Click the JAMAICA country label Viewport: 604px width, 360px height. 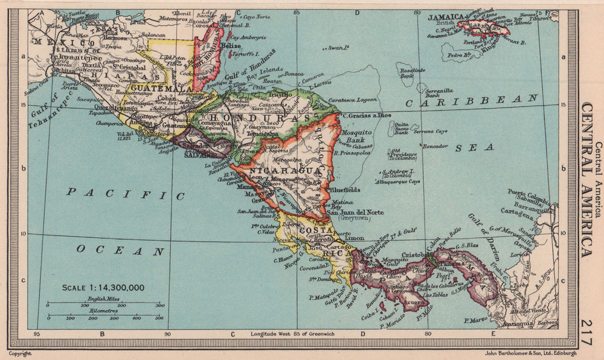click(x=445, y=18)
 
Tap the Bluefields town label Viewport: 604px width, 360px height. click(x=344, y=189)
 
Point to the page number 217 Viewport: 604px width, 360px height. click(x=584, y=333)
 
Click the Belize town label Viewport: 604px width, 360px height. click(x=231, y=45)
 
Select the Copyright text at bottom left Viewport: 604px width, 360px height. click(x=19, y=353)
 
